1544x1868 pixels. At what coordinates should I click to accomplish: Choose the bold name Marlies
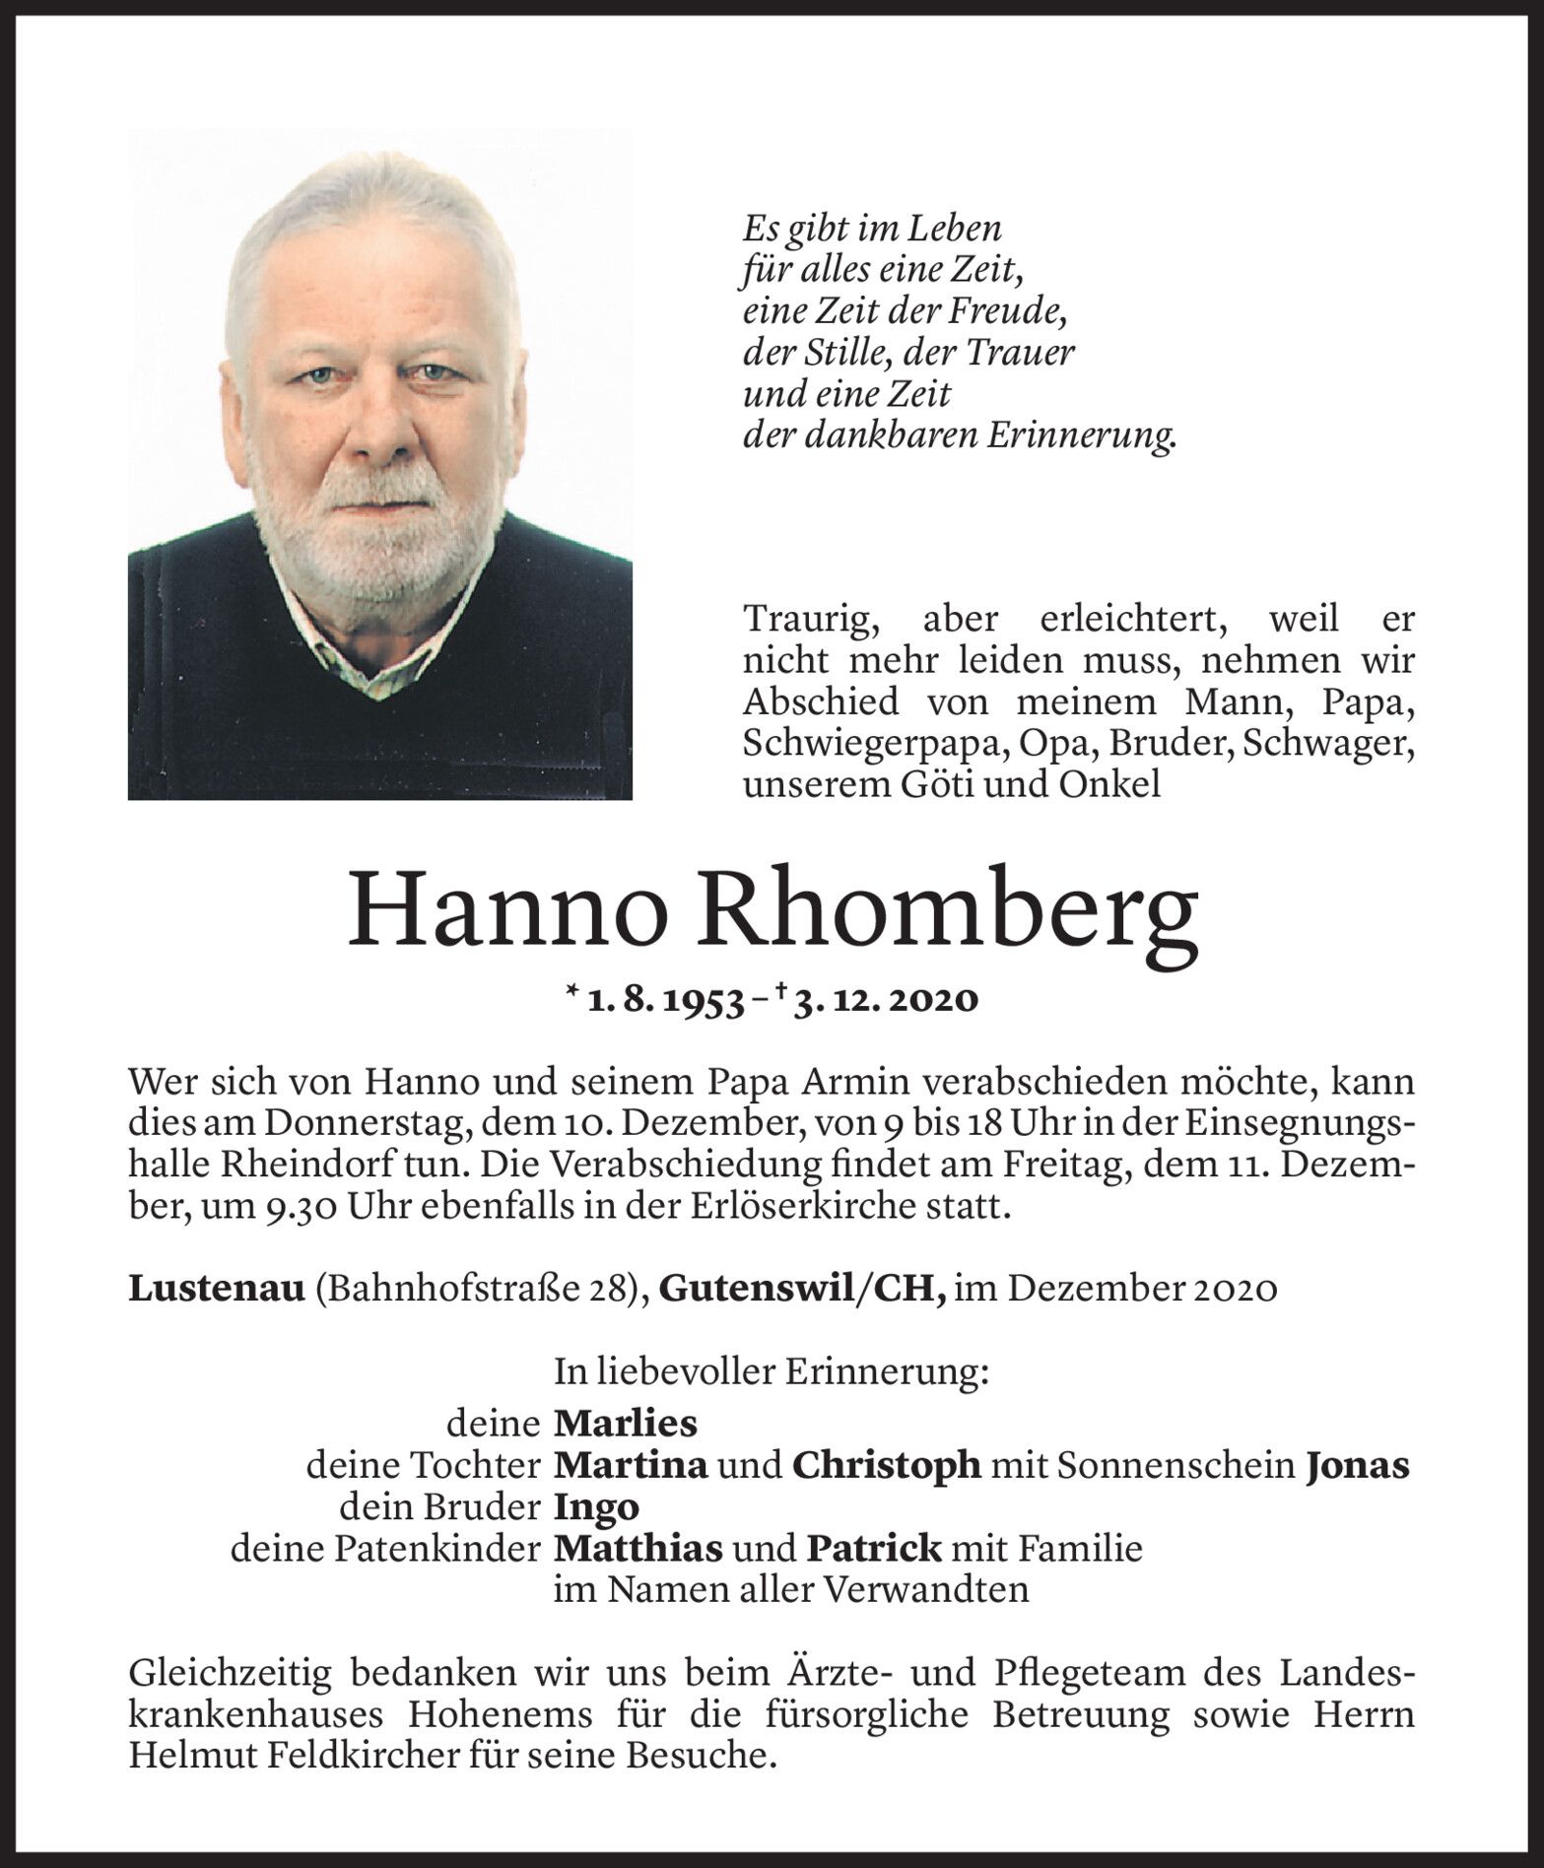[626, 1424]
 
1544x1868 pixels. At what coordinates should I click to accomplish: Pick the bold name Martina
[632, 1466]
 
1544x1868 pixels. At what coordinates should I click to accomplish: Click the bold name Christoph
[886, 1466]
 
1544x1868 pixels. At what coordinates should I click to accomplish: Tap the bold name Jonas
[1357, 1466]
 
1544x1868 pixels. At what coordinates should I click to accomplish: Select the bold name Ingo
[597, 1507]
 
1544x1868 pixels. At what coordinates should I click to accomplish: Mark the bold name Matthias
[638, 1549]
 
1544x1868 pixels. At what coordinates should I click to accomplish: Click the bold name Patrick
[874, 1549]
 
